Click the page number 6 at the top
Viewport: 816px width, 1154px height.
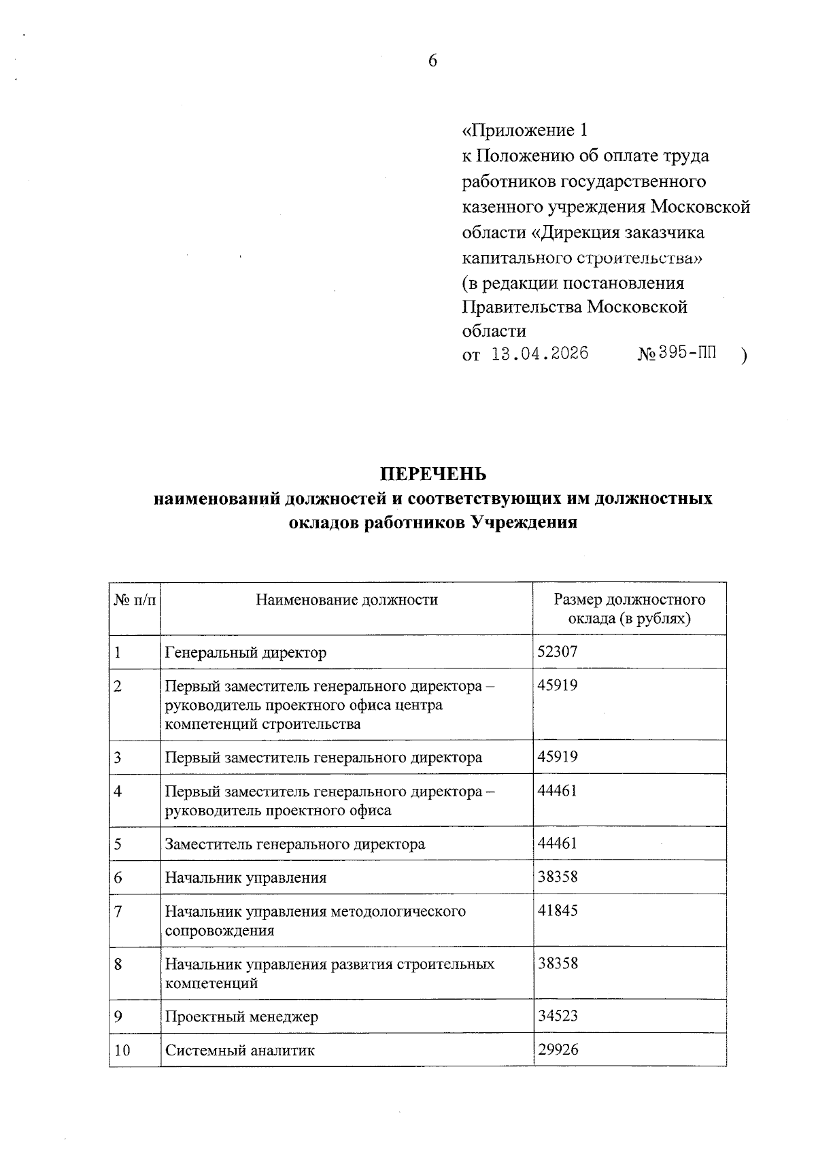click(x=432, y=61)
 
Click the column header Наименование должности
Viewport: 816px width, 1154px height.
click(x=347, y=600)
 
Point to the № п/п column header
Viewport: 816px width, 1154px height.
click(x=135, y=600)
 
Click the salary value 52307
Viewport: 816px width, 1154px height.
click(x=557, y=651)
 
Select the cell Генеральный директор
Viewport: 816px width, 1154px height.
click(x=245, y=653)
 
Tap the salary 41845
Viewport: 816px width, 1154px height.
click(x=557, y=911)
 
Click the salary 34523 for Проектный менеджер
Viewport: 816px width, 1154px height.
click(x=557, y=1015)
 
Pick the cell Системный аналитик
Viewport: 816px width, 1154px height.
click(x=240, y=1050)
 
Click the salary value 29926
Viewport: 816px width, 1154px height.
click(x=558, y=1049)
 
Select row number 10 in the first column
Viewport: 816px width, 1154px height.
click(x=122, y=1050)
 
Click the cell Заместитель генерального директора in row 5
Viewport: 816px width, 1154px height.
click(x=295, y=844)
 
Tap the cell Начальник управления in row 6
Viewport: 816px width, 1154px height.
click(x=245, y=877)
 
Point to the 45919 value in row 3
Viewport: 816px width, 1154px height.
click(x=557, y=756)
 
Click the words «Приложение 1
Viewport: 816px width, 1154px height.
click(x=524, y=130)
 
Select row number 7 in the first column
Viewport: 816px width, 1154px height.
click(x=118, y=911)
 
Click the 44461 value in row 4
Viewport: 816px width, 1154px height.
click(x=557, y=790)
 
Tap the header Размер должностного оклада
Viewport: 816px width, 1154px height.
click(x=629, y=609)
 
